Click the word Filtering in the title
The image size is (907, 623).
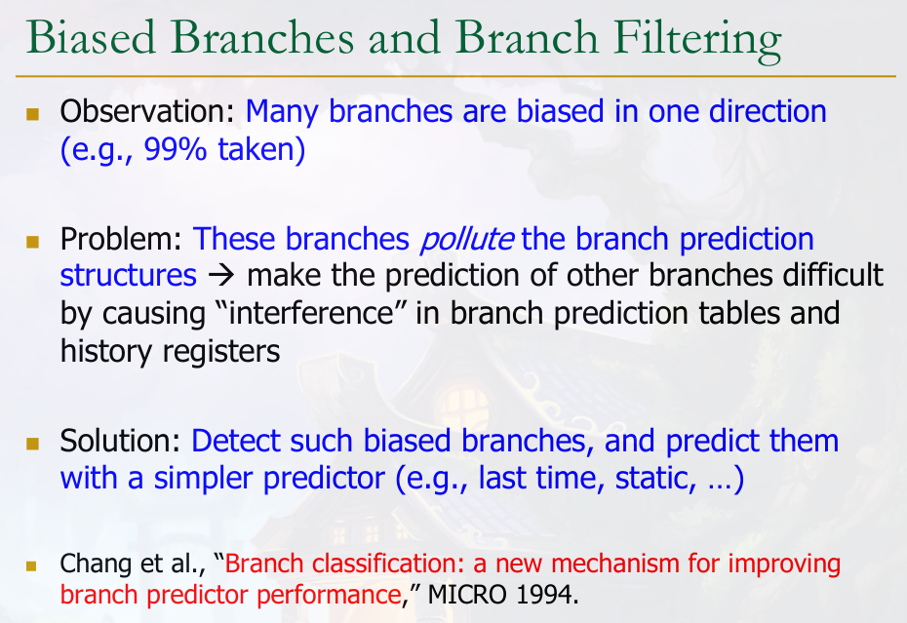(x=697, y=39)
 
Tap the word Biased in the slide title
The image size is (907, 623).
(x=91, y=37)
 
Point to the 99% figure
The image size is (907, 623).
(x=175, y=149)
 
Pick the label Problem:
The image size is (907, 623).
(x=121, y=239)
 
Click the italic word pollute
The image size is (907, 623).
(x=466, y=240)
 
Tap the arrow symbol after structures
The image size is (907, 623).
(x=221, y=275)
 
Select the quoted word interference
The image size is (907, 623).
(x=312, y=313)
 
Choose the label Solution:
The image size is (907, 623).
(x=120, y=441)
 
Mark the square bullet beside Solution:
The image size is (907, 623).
(x=32, y=444)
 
